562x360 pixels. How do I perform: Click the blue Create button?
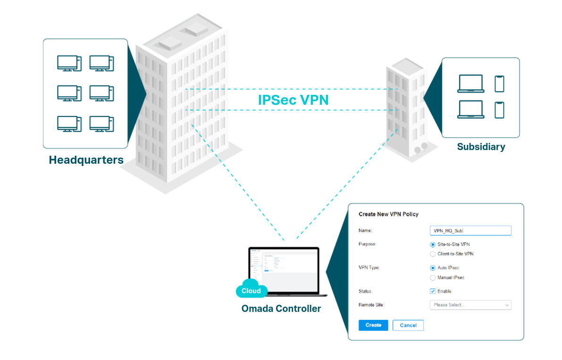point(373,325)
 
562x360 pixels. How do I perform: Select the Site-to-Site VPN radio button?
point(433,244)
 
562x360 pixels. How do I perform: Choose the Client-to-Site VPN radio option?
point(433,254)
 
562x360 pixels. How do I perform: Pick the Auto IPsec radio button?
point(433,268)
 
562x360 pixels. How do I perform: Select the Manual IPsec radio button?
point(433,277)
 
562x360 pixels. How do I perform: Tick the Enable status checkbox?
point(433,291)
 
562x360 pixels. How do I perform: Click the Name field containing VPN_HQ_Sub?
point(470,231)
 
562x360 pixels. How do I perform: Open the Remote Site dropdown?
point(470,305)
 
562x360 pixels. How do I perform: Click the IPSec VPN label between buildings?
point(293,100)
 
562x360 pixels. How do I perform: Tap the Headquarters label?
point(86,160)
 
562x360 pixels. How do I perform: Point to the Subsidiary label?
point(481,147)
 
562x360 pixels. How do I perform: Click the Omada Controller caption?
point(281,309)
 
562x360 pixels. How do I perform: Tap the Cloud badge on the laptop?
point(252,291)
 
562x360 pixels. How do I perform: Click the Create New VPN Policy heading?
point(388,214)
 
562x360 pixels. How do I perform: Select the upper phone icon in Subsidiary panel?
point(499,84)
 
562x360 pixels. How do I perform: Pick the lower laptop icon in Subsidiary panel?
point(470,109)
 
